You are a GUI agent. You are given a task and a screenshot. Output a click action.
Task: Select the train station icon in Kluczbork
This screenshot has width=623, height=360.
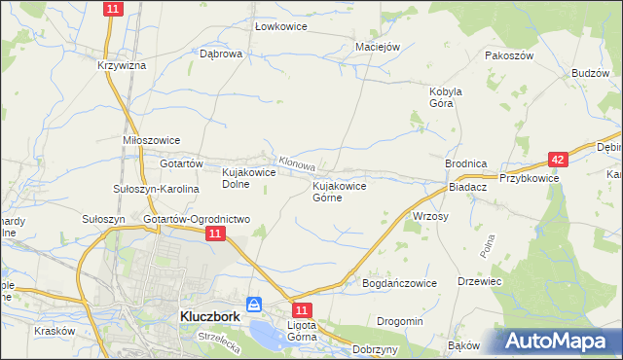[254, 305]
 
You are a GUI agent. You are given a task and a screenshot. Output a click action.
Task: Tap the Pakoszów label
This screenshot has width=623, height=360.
[510, 56]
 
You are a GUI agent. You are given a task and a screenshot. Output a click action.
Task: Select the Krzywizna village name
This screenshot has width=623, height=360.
[121, 65]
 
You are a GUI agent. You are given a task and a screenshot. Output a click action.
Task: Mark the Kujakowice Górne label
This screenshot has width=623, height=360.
[339, 191]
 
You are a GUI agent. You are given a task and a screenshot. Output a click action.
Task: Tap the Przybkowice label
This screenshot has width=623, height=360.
[529, 178]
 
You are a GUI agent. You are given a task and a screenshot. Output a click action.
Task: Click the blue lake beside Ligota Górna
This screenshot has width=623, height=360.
[266, 334]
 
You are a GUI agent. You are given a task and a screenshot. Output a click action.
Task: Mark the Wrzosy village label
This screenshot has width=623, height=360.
[430, 216]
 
